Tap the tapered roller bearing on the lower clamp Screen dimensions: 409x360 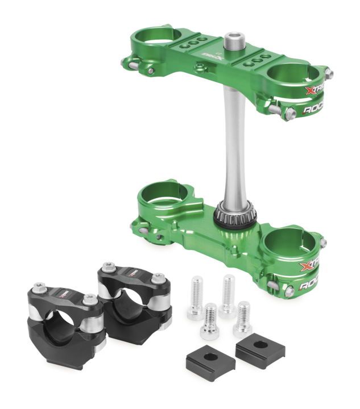coord(235,214)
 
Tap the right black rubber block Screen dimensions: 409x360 coord(259,347)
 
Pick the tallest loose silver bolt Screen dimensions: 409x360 coord(228,294)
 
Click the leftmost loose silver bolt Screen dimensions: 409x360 coord(196,297)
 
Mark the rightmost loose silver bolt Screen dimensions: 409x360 coord(243,319)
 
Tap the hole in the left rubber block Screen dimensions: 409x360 coord(209,356)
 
